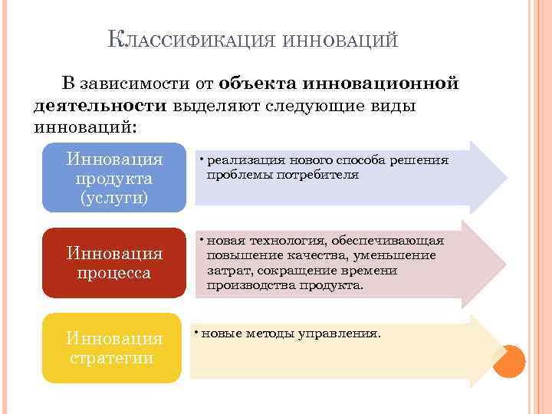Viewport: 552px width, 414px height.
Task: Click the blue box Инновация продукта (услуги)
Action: tap(114, 178)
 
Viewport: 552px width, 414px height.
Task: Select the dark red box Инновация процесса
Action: tap(114, 262)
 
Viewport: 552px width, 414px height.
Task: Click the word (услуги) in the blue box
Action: tap(114, 198)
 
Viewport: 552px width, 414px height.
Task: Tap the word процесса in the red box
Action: tap(114, 273)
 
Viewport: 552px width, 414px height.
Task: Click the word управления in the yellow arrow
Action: tap(343, 333)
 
